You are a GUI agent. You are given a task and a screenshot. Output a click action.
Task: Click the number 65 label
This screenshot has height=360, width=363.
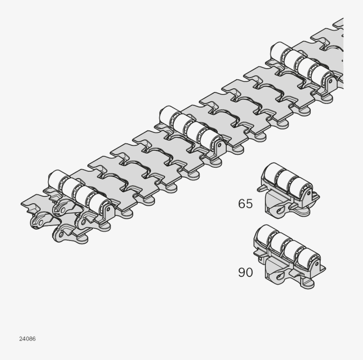tap(245, 203)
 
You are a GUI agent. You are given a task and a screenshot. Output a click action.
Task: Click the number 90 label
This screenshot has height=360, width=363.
tap(245, 272)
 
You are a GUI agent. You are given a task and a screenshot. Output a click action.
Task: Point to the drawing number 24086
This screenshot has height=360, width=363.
tap(27, 339)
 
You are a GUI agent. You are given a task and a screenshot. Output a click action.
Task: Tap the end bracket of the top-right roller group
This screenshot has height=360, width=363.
tap(329, 81)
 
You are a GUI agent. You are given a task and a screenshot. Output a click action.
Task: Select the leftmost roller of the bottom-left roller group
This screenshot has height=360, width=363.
tap(56, 178)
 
